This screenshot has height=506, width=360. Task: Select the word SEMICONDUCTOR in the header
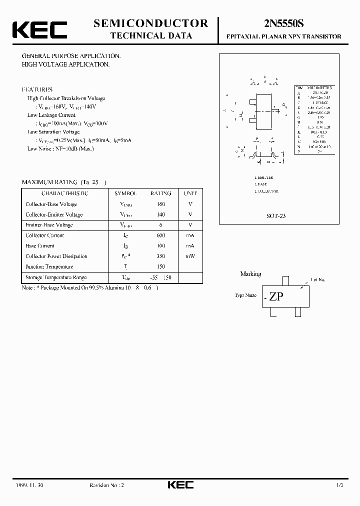tap(150, 23)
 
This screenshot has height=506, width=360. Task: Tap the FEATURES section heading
tap(37, 89)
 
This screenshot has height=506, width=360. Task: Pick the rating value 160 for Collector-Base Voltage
tap(160, 204)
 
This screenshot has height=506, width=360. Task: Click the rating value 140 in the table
tap(160, 214)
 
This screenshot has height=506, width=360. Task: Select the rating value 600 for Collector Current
tap(160, 235)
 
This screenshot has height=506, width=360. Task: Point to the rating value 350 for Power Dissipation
tap(160, 256)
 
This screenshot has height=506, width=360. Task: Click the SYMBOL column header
tap(125, 193)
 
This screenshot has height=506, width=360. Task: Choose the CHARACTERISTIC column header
tap(65, 193)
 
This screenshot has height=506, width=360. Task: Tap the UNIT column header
tap(190, 193)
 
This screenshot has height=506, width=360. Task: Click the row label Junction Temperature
tap(49, 267)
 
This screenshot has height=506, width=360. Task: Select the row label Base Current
tap(39, 246)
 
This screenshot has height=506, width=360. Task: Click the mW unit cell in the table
tap(190, 256)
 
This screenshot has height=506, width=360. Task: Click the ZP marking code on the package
tap(276, 296)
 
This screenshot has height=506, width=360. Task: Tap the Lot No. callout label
tap(318, 280)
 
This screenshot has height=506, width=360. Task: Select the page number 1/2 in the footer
tap(339, 485)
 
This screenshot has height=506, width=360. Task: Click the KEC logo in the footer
tap(180, 485)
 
